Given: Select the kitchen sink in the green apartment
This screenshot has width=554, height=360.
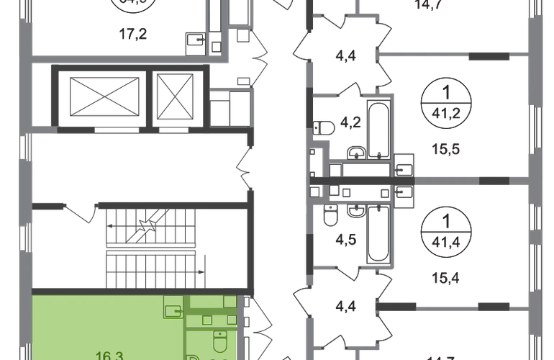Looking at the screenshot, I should (x=173, y=310).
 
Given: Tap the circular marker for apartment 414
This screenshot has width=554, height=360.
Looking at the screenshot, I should (x=447, y=230).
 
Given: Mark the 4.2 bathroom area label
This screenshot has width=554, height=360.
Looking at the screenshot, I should (x=350, y=123).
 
